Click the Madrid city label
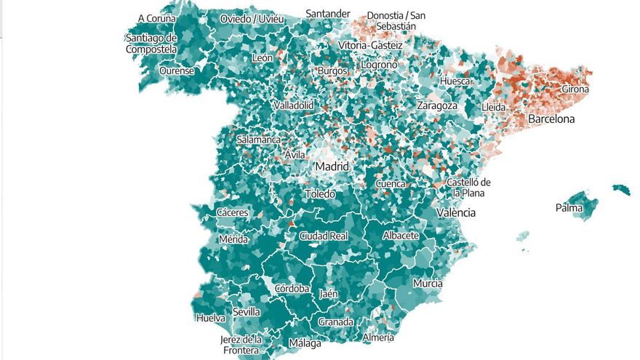[332, 167]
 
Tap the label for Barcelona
[551, 119]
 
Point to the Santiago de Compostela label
[151, 44]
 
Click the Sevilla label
[247, 312]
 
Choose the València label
[456, 213]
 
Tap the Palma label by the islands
[569, 208]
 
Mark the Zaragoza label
[436, 105]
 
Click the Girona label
[575, 89]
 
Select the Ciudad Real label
[324, 236]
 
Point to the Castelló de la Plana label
[468, 188]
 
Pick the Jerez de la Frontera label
[241, 345]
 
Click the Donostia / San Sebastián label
[396, 20]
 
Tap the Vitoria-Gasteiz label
[368, 45]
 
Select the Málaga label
[305, 343]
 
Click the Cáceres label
[233, 213]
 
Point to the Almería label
[378, 337]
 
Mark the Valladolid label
[293, 105]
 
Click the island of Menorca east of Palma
[620, 189]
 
